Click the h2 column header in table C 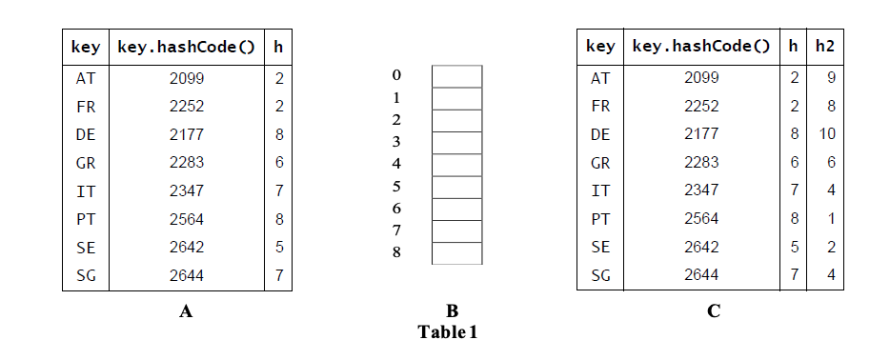tap(825, 46)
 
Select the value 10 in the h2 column tap(826, 134)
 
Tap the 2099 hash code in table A tap(186, 78)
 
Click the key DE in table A tap(86, 134)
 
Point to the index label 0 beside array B tap(396, 75)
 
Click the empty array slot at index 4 tap(457, 164)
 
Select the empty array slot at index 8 tap(457, 253)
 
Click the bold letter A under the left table tap(186, 311)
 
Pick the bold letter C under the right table tap(714, 311)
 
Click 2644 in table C tap(701, 275)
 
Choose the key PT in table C tap(600, 219)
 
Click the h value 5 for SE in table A tap(278, 248)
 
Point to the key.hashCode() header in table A tap(186, 46)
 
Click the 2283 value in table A tap(186, 163)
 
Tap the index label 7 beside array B tap(396, 230)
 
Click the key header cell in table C tap(600, 46)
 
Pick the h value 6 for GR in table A tap(278, 163)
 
